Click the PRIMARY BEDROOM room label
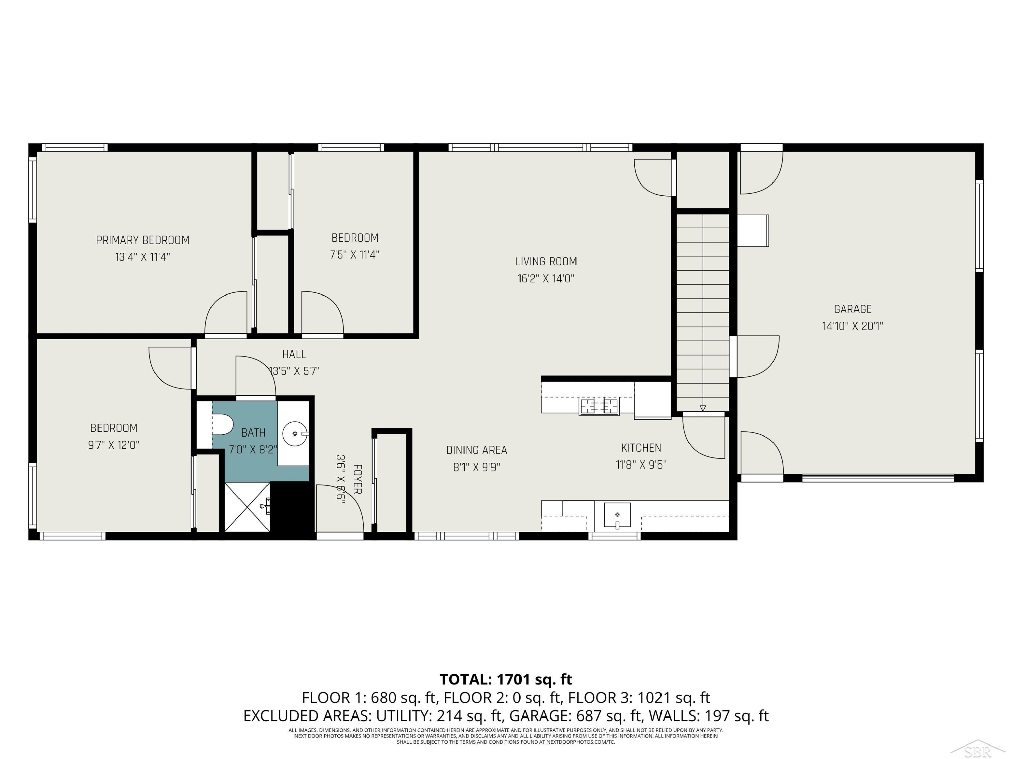click(x=142, y=240)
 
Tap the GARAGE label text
click(x=852, y=309)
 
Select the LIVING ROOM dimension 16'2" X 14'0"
click(x=546, y=279)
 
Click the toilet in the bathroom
click(x=222, y=425)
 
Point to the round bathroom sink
click(x=294, y=433)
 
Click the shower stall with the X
click(x=247, y=507)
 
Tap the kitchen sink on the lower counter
click(x=617, y=515)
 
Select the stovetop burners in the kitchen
click(x=599, y=406)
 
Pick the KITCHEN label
click(x=641, y=448)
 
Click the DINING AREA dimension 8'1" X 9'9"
click(x=476, y=467)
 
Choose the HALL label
click(x=294, y=354)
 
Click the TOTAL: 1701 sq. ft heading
click(x=506, y=679)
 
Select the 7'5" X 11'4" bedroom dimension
click(x=355, y=255)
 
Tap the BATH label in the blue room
click(x=253, y=433)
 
